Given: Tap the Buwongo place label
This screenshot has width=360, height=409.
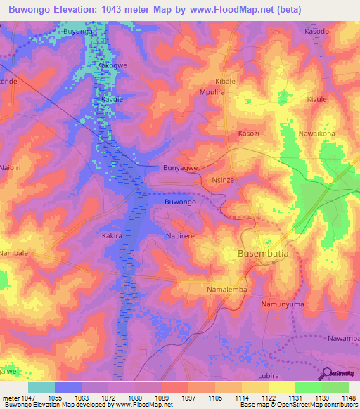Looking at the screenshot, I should point(180,202).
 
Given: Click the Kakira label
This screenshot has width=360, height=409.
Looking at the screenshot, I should point(113,236).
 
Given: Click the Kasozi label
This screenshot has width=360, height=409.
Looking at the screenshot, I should point(249,134).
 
